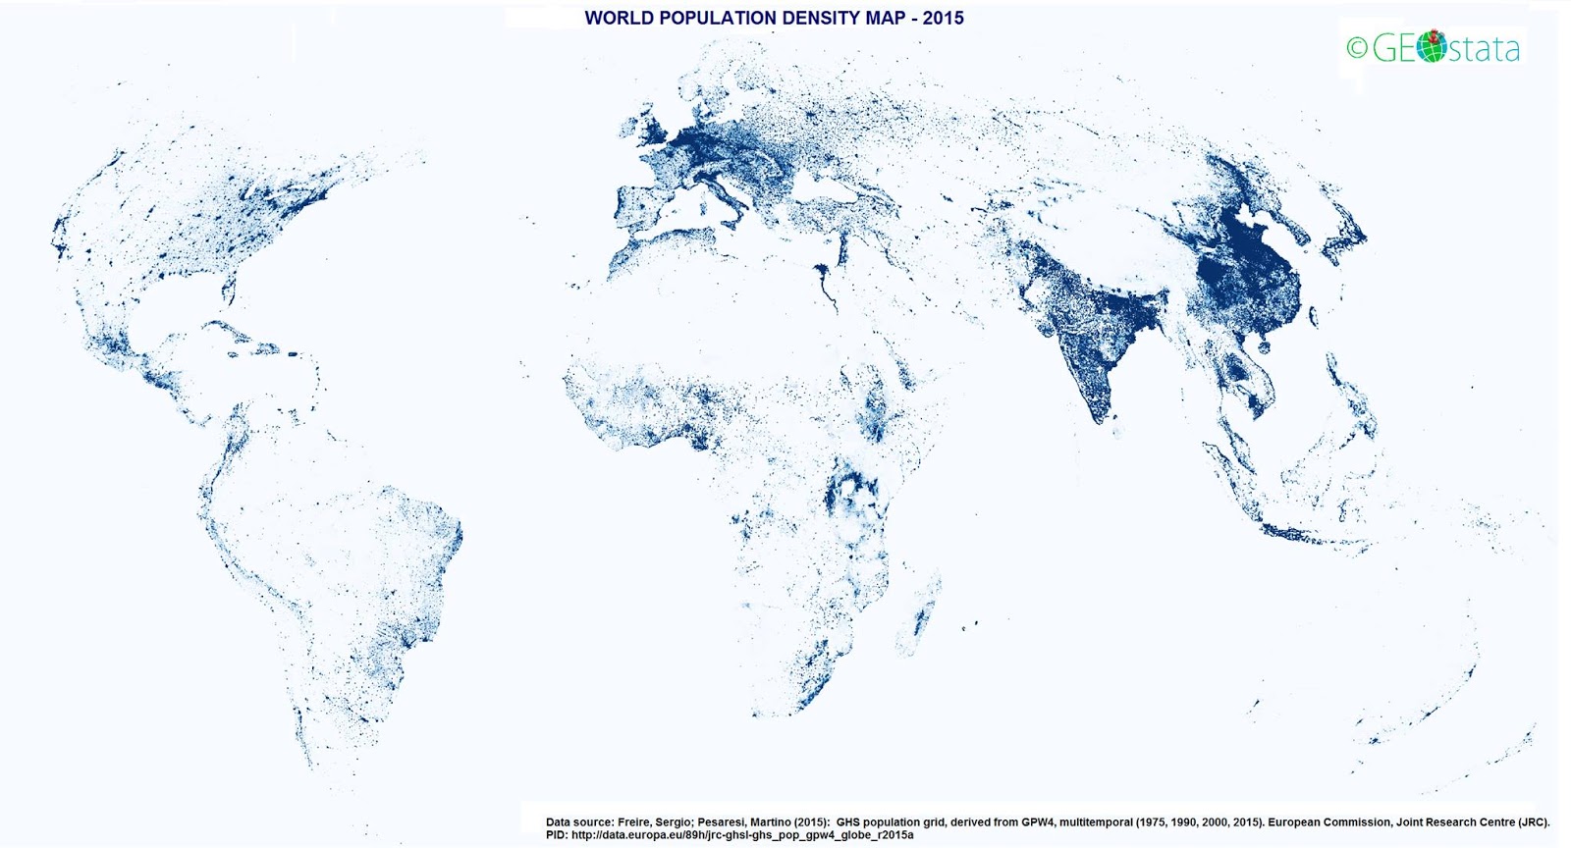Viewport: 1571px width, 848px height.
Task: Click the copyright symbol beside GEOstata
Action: [x=1356, y=48]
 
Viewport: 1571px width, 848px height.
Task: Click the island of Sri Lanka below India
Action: [x=1116, y=419]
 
